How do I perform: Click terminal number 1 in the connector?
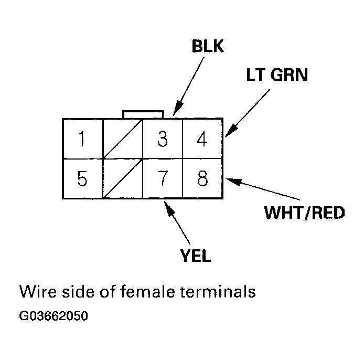(x=82, y=139)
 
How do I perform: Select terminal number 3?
(x=163, y=139)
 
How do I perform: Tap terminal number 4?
(x=202, y=139)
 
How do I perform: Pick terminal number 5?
(x=82, y=179)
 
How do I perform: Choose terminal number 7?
(x=163, y=179)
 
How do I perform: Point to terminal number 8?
(x=202, y=179)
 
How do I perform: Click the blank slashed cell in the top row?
(x=123, y=139)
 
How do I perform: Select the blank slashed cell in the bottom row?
(x=123, y=179)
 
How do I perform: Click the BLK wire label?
(x=208, y=47)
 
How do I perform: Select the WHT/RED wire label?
(x=304, y=213)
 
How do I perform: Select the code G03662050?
(x=53, y=316)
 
